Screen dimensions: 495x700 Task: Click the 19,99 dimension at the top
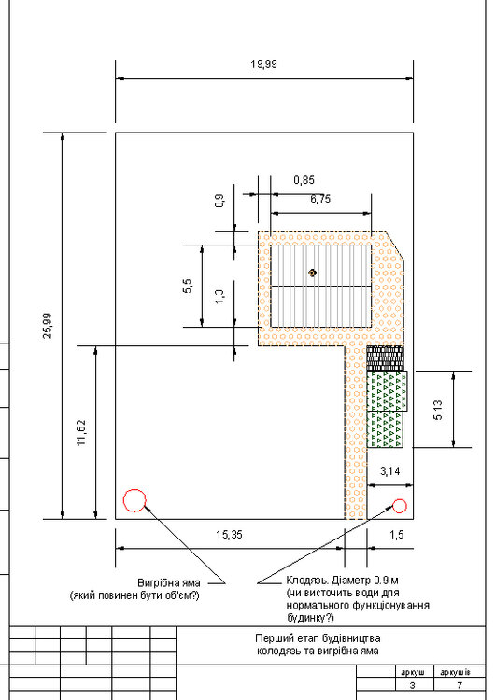263,63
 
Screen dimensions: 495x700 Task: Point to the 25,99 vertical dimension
48,326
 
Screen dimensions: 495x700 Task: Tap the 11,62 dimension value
81,432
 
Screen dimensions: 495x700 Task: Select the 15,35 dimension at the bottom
229,535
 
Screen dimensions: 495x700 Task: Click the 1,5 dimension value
397,535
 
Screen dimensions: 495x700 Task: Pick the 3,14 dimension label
390,471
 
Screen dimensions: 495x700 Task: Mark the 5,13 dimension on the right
438,410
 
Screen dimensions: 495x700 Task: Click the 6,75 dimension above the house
320,199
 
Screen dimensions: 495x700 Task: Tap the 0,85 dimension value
304,180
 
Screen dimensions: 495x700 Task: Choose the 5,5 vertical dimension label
187,286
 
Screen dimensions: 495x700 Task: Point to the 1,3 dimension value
219,297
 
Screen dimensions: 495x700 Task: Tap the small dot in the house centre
312,273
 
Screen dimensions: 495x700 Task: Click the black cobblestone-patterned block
385,359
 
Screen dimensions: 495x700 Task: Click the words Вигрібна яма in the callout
169,583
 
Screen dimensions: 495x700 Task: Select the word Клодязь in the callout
307,581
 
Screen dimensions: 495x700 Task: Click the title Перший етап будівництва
318,638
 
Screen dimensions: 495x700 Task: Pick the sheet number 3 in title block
412,685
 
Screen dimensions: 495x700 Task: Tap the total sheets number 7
459,685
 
